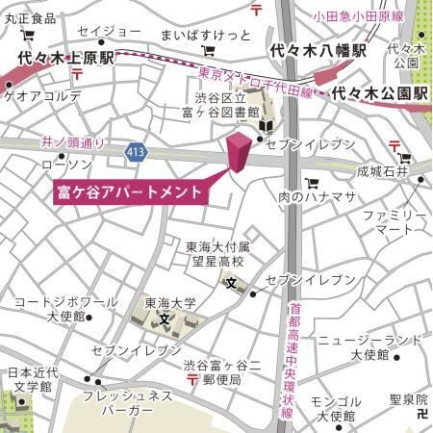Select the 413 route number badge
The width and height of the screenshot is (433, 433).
click(136, 151)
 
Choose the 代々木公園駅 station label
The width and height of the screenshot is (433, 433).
click(380, 95)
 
